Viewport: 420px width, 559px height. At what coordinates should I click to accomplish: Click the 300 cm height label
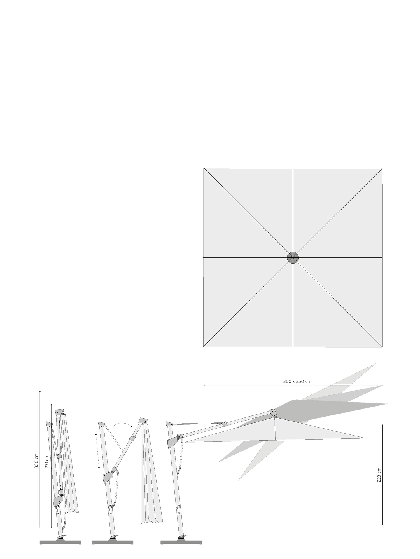coord(37,462)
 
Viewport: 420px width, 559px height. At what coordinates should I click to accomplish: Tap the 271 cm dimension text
coord(47,462)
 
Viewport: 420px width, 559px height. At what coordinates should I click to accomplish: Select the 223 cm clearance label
coord(379,475)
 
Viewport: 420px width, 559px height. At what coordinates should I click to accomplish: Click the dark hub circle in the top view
coord(293,258)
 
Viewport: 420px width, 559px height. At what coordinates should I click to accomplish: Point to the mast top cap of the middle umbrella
coord(101,424)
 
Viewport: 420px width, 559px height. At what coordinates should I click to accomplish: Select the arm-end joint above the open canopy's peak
coord(272,413)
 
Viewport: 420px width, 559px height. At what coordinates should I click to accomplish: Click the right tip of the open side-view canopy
coord(365,438)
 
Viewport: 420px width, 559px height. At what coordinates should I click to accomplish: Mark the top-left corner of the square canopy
coord(204,168)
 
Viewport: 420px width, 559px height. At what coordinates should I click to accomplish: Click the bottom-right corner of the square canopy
coord(382,347)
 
